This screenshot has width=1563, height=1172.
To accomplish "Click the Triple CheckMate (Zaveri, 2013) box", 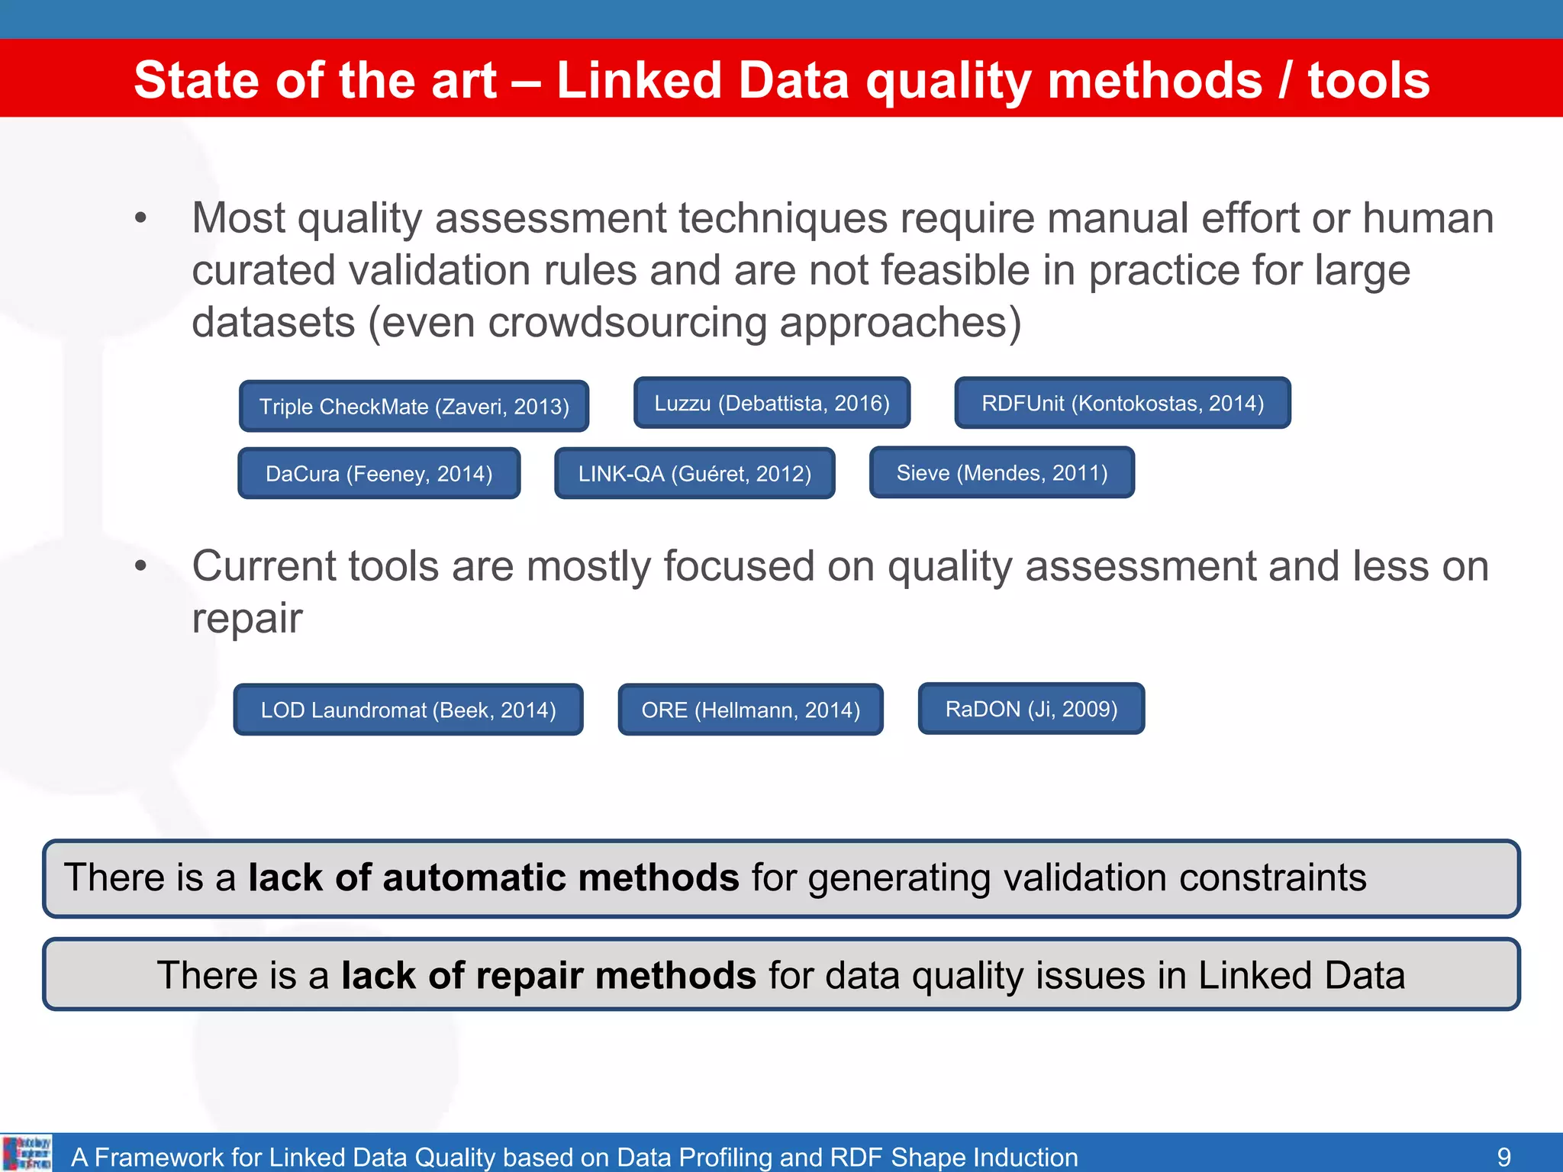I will [414, 406].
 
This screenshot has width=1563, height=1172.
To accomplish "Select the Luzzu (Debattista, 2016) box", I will [772, 403].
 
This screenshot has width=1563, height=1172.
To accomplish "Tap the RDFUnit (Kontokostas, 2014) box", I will [1122, 403].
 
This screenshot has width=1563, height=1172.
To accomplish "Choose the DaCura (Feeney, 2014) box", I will [379, 473].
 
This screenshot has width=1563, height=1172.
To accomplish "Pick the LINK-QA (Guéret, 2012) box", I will [694, 473].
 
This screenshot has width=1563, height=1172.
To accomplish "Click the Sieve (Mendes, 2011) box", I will [1001, 472].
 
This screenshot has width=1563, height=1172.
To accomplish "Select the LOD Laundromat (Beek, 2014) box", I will [408, 710].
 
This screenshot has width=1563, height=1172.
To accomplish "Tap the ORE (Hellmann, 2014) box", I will [750, 710].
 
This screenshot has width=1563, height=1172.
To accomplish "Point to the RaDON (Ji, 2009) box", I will [1031, 709].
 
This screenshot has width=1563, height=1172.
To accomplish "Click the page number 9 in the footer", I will [1503, 1157].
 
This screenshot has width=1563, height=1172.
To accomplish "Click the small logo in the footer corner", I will [27, 1153].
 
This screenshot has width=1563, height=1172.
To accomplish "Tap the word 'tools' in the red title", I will [1368, 80].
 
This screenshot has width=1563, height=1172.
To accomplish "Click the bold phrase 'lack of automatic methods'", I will [493, 877].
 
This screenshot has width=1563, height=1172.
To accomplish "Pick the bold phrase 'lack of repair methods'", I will [548, 975].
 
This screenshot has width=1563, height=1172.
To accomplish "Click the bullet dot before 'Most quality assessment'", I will [140, 219].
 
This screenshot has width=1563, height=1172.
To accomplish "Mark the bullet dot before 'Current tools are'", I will [140, 566].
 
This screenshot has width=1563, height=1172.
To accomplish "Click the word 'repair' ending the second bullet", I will [247, 618].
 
